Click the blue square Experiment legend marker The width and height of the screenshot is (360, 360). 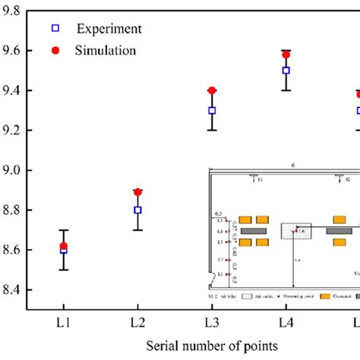[x=55, y=29]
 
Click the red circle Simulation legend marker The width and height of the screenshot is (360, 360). [x=55, y=50]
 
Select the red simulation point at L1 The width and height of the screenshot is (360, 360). [x=63, y=245]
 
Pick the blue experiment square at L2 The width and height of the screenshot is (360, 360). [x=137, y=210]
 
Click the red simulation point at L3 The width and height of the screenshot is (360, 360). [x=212, y=90]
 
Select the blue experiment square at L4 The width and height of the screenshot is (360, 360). [x=286, y=70]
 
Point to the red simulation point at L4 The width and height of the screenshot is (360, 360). [x=286, y=54]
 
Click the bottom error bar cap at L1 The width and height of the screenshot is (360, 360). [x=63, y=270]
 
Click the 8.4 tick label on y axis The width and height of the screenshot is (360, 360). [x=14, y=290]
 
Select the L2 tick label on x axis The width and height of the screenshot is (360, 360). [x=137, y=322]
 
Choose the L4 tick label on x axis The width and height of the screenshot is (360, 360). [x=286, y=322]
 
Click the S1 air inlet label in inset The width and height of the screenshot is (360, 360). [x=259, y=182]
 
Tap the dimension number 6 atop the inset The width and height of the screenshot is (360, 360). [x=292, y=163]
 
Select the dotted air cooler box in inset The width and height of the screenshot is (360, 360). [x=297, y=230]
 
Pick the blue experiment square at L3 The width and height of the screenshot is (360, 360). [x=212, y=110]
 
